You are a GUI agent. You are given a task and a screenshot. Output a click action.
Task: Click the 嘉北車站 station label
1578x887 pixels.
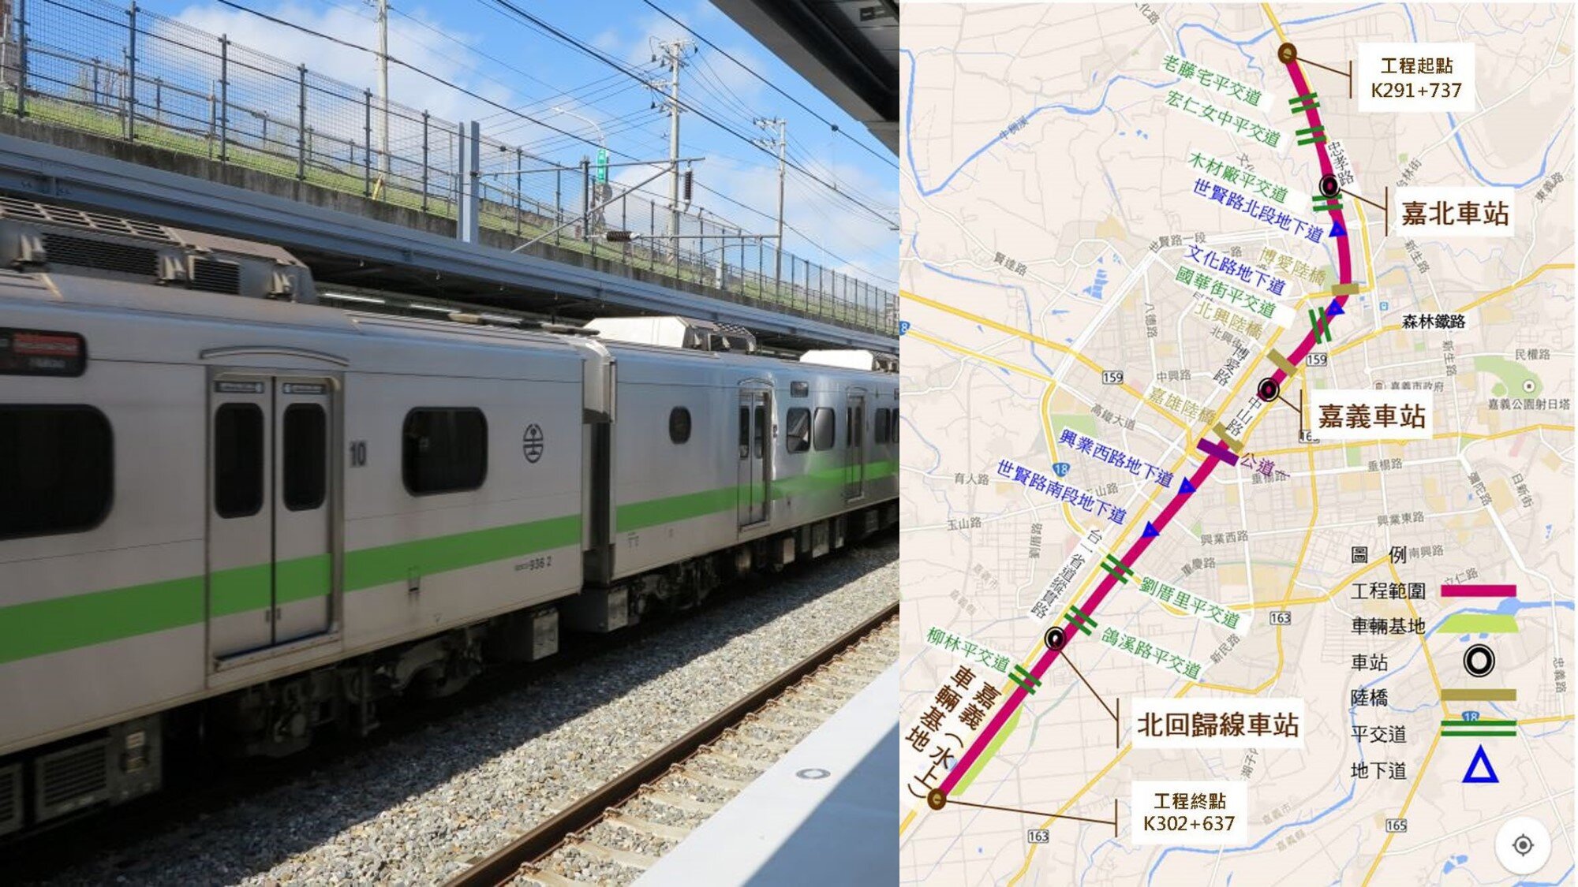(x=1453, y=214)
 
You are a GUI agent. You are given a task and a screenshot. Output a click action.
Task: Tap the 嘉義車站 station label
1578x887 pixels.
(x=1370, y=416)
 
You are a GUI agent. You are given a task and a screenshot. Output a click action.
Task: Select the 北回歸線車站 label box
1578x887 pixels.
(x=1217, y=725)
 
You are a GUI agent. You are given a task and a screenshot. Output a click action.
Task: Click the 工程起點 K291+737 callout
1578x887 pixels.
(x=1415, y=78)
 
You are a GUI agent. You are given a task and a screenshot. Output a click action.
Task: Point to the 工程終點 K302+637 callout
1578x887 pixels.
(x=1189, y=813)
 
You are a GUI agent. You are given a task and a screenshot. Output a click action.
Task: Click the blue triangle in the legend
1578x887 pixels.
(x=1479, y=765)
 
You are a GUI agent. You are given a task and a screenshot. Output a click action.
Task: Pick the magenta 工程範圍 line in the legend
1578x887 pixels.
(x=1478, y=591)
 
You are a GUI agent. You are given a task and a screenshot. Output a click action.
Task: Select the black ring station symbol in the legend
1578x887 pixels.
(x=1479, y=661)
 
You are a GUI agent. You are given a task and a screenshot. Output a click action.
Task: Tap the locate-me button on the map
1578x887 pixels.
(x=1523, y=845)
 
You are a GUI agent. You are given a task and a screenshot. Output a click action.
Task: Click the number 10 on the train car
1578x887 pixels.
(x=357, y=453)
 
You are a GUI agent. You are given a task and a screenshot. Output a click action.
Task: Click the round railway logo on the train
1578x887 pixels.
(x=533, y=442)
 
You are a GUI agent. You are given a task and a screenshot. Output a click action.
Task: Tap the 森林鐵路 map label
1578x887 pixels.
(x=1433, y=321)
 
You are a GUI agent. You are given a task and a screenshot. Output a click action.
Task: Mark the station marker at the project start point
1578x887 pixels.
(x=1287, y=54)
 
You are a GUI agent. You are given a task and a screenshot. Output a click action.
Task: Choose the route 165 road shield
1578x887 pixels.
(x=1396, y=825)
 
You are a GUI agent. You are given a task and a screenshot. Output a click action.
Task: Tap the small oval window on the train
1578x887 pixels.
(x=679, y=425)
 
